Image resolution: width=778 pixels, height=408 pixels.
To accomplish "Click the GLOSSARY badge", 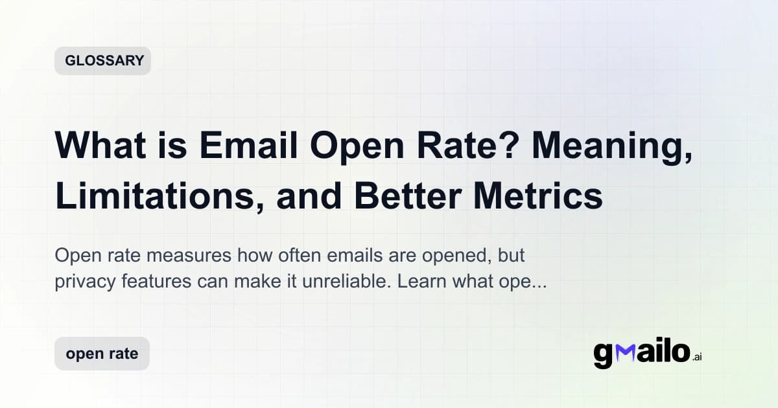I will click(x=102, y=61).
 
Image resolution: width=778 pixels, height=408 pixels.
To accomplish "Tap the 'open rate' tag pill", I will click(x=102, y=354).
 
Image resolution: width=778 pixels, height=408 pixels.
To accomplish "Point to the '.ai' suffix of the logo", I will click(x=697, y=357).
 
